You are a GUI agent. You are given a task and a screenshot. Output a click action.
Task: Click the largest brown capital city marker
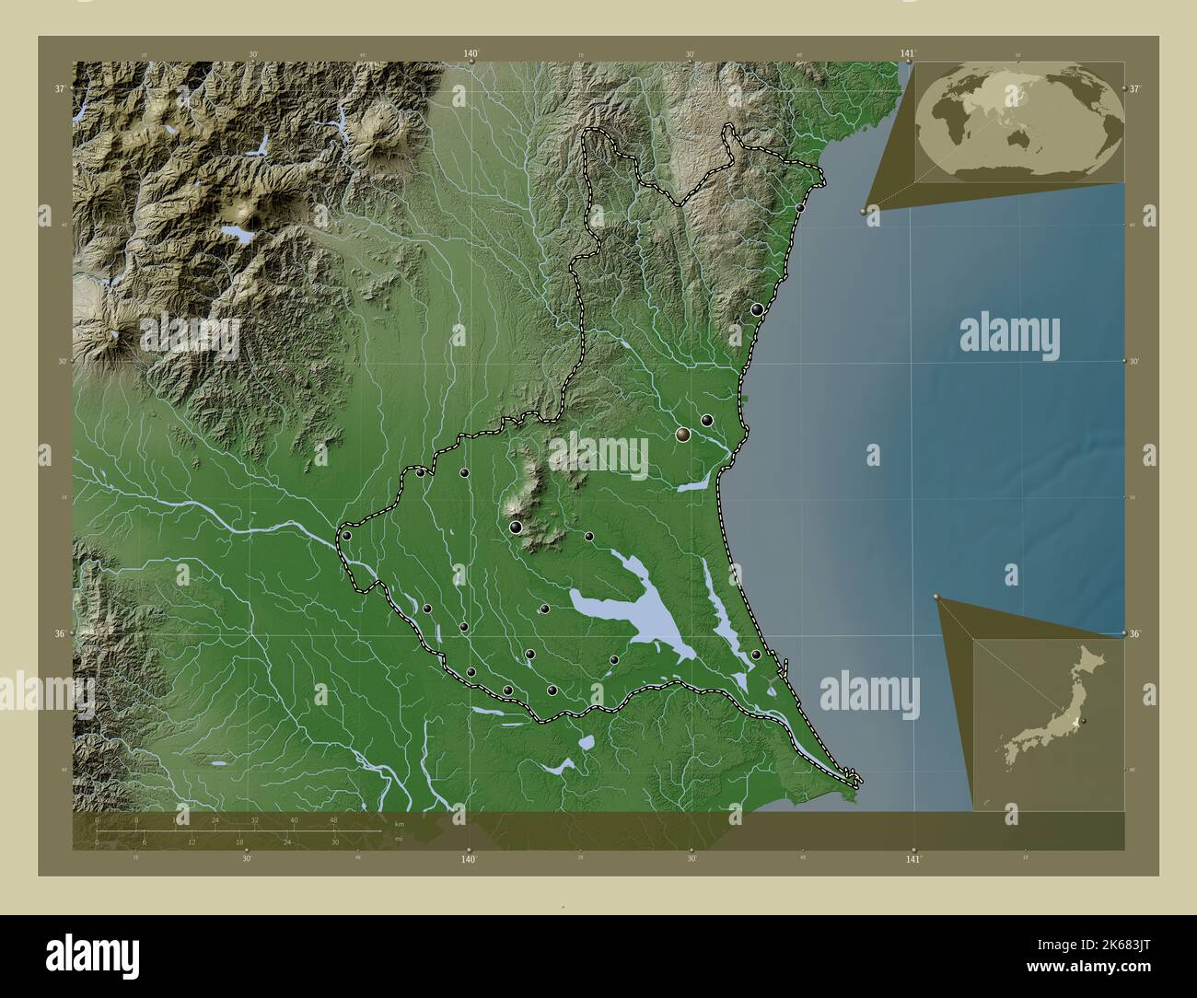coord(682,434)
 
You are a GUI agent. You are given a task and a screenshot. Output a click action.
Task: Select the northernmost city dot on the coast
coord(800,208)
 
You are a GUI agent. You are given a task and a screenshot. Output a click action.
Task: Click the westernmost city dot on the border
coord(347,535)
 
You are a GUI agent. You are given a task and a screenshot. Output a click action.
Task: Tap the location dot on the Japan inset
coord(1083,721)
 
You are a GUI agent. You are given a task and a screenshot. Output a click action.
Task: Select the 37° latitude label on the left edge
coord(59,89)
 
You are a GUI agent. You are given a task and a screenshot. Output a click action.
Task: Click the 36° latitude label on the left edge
coord(59,633)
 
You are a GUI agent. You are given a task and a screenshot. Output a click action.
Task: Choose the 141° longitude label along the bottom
coord(912,859)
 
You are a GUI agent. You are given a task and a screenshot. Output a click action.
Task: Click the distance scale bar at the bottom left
coord(238,830)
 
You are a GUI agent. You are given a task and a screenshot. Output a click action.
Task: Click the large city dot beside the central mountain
coord(516,527)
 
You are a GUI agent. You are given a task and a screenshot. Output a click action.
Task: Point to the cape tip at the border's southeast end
coord(858,783)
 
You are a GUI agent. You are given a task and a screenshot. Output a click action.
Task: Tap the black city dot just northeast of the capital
coord(707,420)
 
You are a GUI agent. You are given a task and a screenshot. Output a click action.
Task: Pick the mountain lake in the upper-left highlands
coord(242,235)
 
